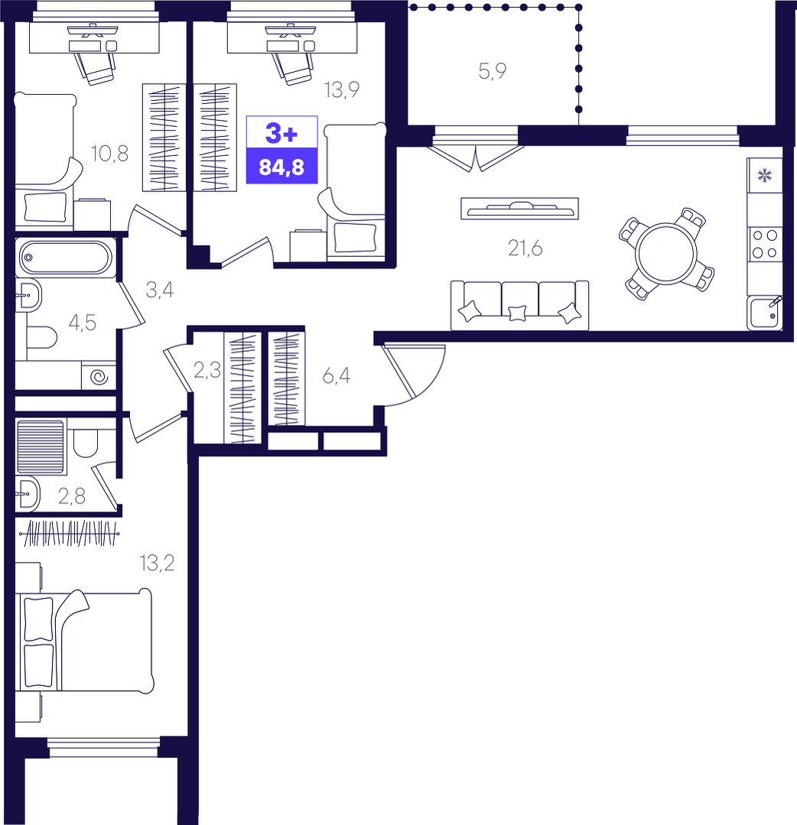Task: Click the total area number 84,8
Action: (281, 167)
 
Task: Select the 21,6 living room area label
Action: (525, 248)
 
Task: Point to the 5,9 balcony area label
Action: (493, 70)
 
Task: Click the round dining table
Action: (666, 254)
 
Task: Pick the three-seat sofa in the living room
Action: (519, 306)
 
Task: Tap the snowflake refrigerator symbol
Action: (764, 175)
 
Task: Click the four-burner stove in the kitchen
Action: (764, 244)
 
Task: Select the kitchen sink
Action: (764, 313)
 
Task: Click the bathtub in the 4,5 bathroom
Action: (65, 258)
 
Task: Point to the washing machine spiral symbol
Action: (99, 377)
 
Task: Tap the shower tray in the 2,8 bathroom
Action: (41, 447)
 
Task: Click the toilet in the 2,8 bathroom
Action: (85, 443)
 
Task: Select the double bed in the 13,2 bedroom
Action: (85, 640)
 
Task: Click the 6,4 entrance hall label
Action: (337, 375)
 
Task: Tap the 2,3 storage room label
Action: (207, 371)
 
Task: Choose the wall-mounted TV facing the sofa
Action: (519, 209)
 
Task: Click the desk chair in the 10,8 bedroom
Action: (95, 67)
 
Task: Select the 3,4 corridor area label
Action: (159, 290)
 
